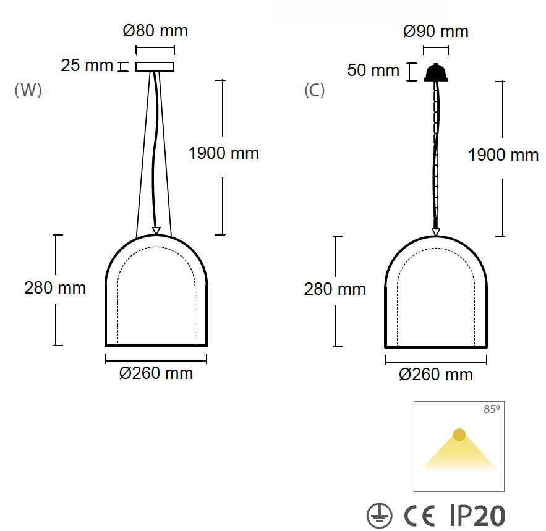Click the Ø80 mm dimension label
pyautogui.click(x=155, y=31)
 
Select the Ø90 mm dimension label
pyautogui.click(x=435, y=32)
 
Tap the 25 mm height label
pyautogui.click(x=87, y=66)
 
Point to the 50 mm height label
pyautogui.click(x=373, y=70)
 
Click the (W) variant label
pyautogui.click(x=28, y=90)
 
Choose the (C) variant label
pyautogui.click(x=315, y=90)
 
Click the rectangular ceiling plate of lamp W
pyautogui.click(x=155, y=67)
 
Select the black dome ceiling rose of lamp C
pyautogui.click(x=435, y=73)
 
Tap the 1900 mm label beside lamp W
pyautogui.click(x=224, y=153)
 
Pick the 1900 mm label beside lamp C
pyautogui.click(x=503, y=155)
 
